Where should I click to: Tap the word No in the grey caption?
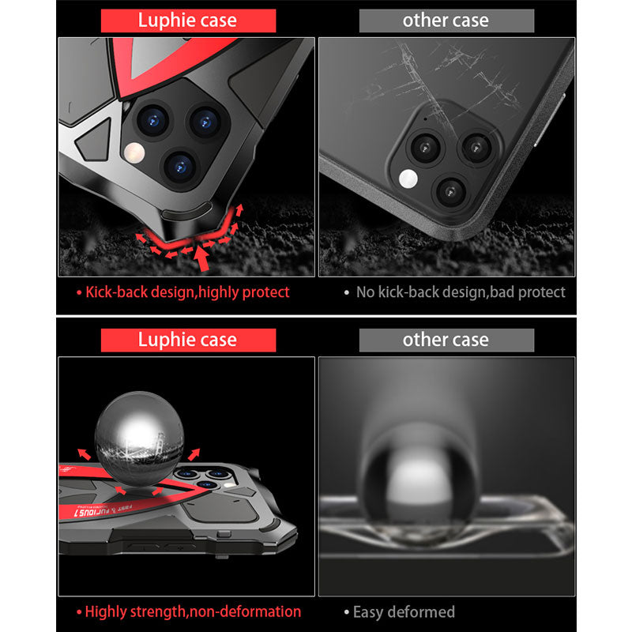(365, 292)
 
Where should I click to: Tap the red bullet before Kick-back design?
(79, 293)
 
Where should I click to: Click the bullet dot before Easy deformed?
(347, 612)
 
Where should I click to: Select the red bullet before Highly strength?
(79, 612)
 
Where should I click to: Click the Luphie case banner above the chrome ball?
(188, 340)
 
